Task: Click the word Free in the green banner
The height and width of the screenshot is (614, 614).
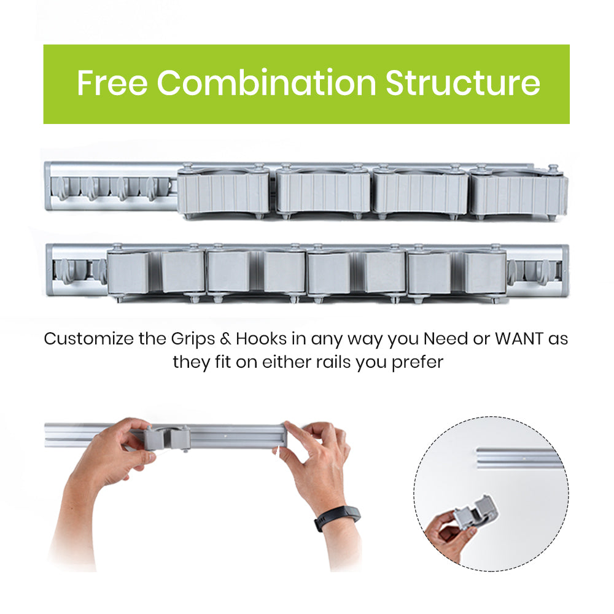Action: coord(112,83)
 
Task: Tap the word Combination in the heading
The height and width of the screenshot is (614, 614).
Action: coord(266,83)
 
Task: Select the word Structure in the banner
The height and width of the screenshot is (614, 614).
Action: coord(463,83)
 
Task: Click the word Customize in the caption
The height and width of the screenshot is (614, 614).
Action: coord(88,339)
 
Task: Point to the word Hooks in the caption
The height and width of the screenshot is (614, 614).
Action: coord(261,339)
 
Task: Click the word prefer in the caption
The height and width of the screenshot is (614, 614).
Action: coord(418,363)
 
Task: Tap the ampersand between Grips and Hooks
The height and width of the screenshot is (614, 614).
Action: coord(225,339)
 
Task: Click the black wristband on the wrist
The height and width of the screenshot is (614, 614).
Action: coord(337,518)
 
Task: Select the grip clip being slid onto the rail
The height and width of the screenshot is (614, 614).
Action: coord(167,438)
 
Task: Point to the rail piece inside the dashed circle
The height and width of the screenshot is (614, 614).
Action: coord(519,459)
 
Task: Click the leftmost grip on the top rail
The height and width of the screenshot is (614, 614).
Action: coord(223,191)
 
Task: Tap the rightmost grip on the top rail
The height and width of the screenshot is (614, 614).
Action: coord(519,192)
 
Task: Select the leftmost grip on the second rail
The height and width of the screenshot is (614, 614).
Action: coord(156,273)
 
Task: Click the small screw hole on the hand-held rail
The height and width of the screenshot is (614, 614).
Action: coord(227,435)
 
